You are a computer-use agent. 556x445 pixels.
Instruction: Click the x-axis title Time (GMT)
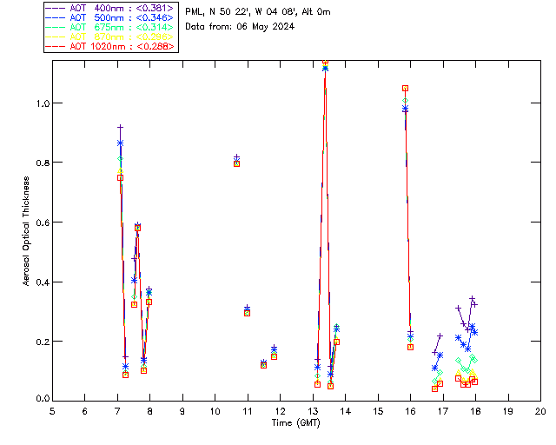coord(295,422)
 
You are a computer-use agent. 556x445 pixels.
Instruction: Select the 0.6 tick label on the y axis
coord(42,222)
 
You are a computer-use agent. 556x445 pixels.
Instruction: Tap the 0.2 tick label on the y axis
coord(42,341)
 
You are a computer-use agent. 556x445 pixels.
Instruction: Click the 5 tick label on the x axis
coord(52,411)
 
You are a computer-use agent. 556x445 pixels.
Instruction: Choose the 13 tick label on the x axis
coord(313,411)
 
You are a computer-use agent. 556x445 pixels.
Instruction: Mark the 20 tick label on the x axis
coord(540,411)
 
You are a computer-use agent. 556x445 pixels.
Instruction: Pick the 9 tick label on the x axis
coord(182,411)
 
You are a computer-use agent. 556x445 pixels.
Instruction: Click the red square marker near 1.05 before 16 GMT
coord(406,88)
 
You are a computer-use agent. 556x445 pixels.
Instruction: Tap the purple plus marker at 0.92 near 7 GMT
coord(120,127)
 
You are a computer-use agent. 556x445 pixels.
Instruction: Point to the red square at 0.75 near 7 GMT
coord(120,177)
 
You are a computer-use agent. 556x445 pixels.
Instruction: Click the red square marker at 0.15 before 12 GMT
coord(274,356)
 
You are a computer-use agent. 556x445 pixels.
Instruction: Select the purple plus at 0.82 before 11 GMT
coord(236,157)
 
